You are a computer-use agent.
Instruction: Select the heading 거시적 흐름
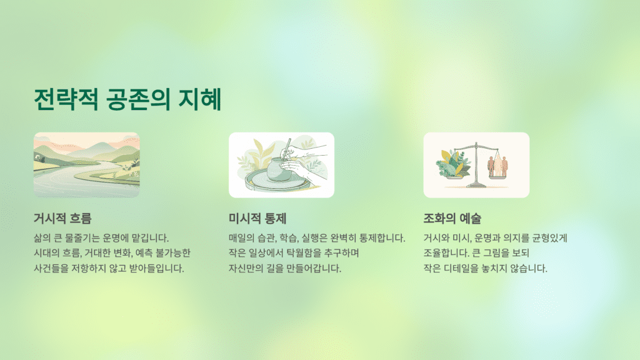62,219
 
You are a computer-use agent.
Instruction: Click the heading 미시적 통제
257,219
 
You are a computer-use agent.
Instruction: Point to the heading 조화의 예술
452,219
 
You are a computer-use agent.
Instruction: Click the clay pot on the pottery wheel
278,170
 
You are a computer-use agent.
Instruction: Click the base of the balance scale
476,185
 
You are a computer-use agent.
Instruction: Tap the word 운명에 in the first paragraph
116,238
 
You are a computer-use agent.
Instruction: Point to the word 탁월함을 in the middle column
301,253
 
